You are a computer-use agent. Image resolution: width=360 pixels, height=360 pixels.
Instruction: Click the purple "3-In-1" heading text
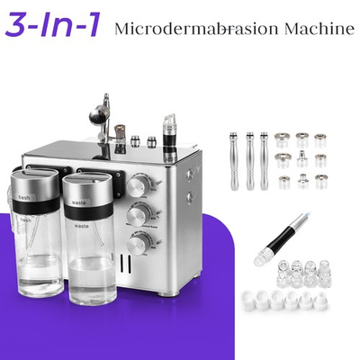(x=53, y=26)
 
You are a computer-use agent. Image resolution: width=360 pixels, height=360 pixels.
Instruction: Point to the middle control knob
(x=138, y=216)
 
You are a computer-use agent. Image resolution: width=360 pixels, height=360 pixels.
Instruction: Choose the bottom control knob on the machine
(x=138, y=244)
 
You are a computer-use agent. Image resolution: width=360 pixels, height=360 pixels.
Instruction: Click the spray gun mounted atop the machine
(x=98, y=117)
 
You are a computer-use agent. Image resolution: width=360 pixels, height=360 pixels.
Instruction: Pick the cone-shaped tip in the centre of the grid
(x=302, y=161)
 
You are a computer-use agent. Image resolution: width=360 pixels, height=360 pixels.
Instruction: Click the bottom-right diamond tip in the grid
(x=320, y=182)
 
